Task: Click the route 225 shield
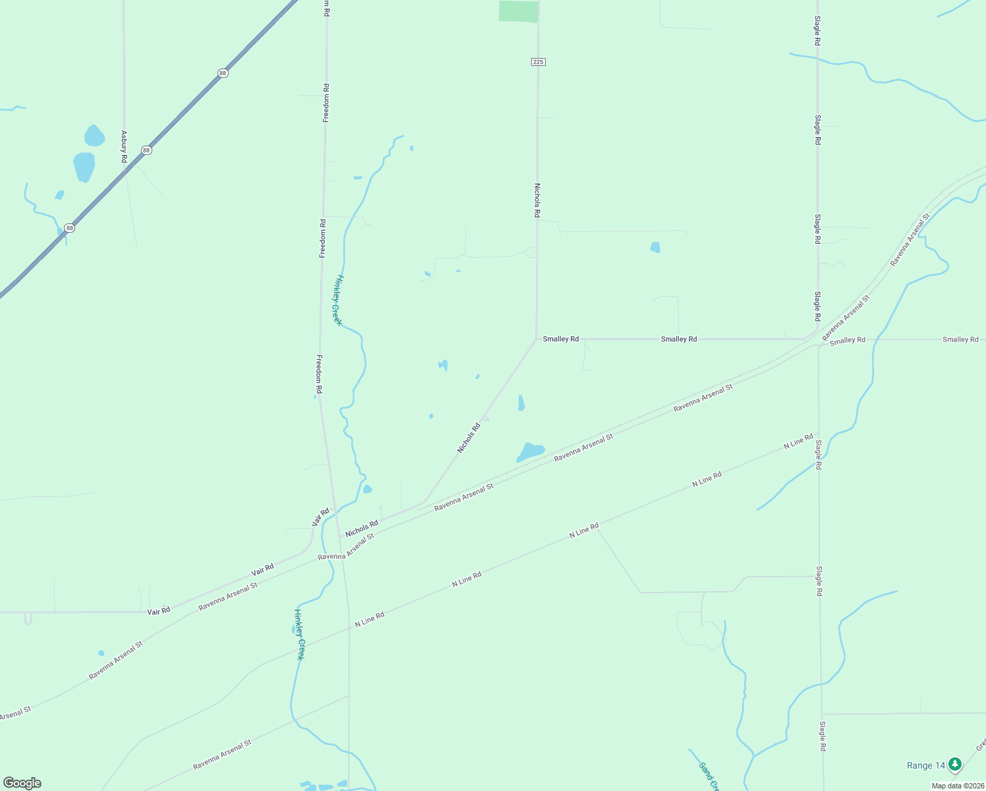538,62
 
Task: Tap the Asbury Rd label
123,146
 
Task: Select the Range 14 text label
925,765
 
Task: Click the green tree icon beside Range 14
954,765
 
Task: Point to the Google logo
22,783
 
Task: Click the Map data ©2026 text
957,786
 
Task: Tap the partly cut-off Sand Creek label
708,776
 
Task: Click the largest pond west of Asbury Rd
84,166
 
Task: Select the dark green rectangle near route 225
518,11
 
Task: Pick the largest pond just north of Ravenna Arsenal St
531,452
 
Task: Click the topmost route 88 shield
223,73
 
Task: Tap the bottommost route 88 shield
70,228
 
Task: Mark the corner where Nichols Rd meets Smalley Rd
536,339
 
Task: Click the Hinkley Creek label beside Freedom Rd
337,300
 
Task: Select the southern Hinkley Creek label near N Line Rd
299,634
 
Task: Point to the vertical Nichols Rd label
537,200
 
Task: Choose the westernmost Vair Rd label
159,611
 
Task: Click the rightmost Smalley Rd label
960,339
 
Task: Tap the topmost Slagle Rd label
817,30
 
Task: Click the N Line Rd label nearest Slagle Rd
798,442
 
